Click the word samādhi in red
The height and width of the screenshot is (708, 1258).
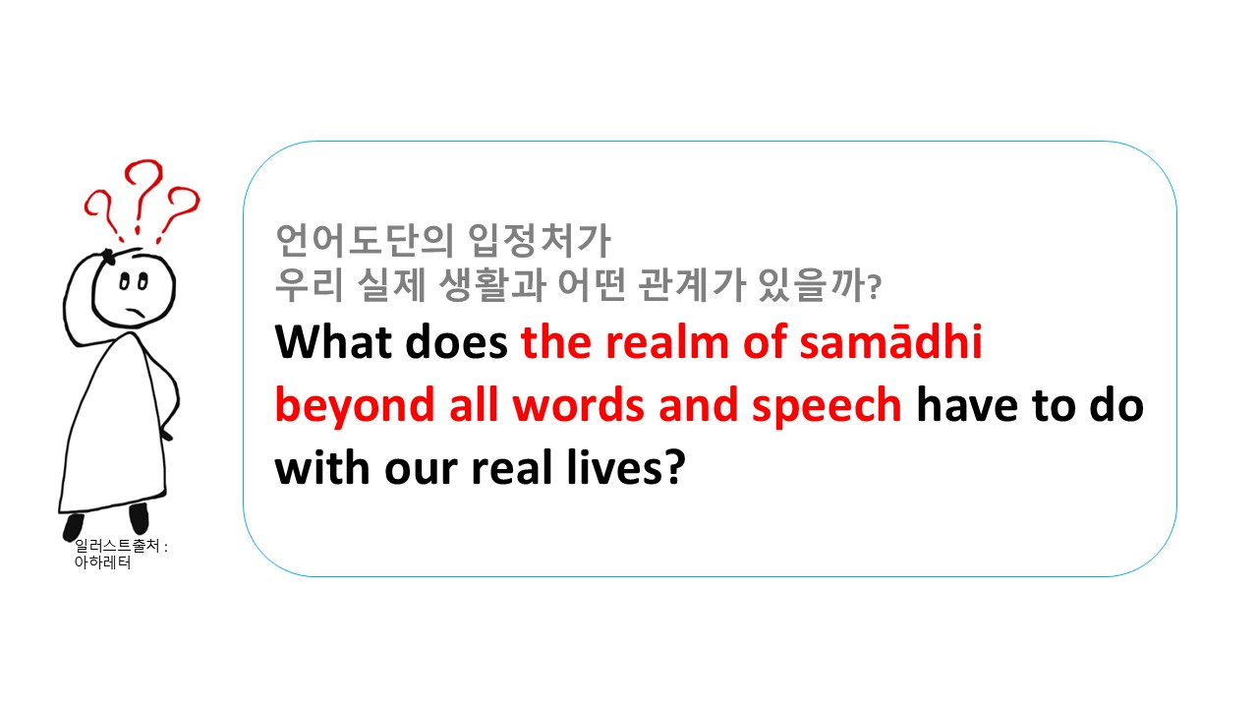click(x=890, y=341)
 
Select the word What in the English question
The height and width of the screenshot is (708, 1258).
click(x=334, y=341)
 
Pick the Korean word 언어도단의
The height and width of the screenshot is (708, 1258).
click(x=365, y=240)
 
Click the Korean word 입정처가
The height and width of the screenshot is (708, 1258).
click(x=540, y=240)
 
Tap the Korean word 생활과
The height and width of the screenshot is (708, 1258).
click(x=492, y=285)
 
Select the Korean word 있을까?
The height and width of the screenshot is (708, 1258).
click(x=820, y=285)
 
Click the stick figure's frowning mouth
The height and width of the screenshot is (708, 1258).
click(x=135, y=313)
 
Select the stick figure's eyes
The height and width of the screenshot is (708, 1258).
click(x=134, y=281)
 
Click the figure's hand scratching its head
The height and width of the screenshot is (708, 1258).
click(x=108, y=257)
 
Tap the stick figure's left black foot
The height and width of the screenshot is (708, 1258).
click(x=73, y=526)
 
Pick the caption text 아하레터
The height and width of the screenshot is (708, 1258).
click(x=103, y=562)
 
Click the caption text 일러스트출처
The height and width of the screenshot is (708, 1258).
click(x=117, y=546)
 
